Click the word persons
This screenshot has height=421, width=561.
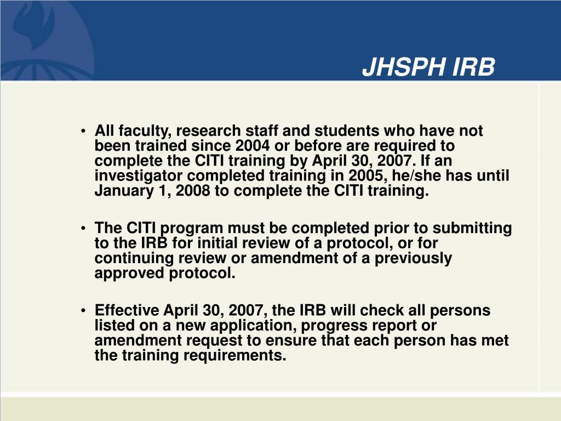pyautogui.click(x=461, y=310)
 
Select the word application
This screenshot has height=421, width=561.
pyautogui.click(x=234, y=326)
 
